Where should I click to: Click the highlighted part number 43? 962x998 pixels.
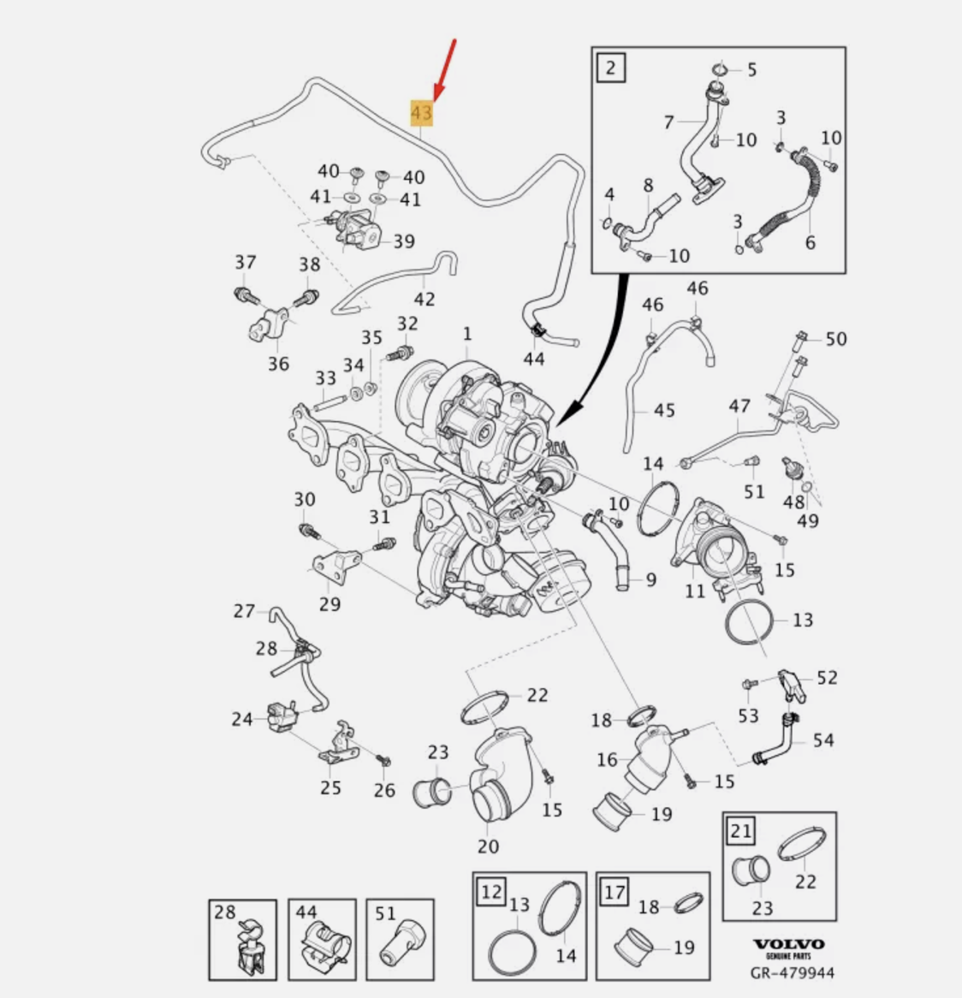pos(422,112)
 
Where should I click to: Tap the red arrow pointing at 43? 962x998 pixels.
pos(445,68)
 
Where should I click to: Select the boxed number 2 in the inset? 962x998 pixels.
pos(610,66)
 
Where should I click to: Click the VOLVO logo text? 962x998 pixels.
pos(788,944)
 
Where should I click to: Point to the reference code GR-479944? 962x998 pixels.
pos(792,972)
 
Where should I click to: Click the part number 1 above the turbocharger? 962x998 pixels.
pos(467,333)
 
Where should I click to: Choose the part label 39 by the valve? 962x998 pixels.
pos(403,241)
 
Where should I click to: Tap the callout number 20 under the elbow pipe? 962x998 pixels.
pos(488,846)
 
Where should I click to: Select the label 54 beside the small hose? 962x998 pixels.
pos(822,740)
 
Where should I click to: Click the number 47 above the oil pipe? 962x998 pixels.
pos(739,407)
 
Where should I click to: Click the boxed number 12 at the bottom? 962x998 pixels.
pos(491,892)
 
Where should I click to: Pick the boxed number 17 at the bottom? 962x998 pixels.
pos(615,892)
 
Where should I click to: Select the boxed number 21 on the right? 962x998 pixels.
pos(741,830)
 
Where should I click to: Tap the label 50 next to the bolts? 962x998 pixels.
pos(835,339)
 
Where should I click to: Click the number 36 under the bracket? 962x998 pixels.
pos(278,364)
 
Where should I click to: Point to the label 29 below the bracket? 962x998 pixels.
pos(330,604)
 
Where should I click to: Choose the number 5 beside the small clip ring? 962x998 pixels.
pos(751,69)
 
